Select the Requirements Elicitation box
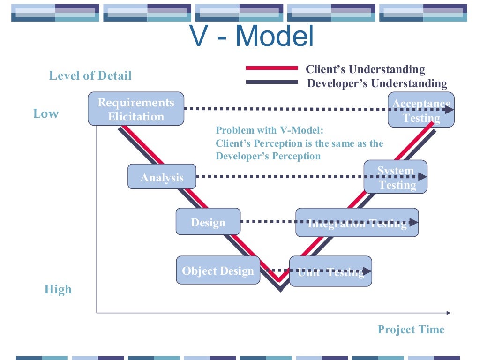tap(136, 109)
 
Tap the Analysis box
tap(162, 177)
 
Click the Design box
tap(208, 222)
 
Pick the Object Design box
tap(218, 270)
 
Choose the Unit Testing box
tap(330, 271)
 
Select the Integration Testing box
tap(357, 222)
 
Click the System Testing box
tap(396, 177)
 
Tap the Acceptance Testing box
tap(420, 110)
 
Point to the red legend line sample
tap(272, 68)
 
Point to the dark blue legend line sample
tap(272, 82)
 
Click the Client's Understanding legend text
tap(365, 70)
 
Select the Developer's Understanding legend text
tap(377, 84)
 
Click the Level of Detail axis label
tap(90, 75)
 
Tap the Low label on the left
tap(46, 113)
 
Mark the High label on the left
tap(58, 289)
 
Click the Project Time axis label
tap(411, 330)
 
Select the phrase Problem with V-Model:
tap(270, 130)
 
